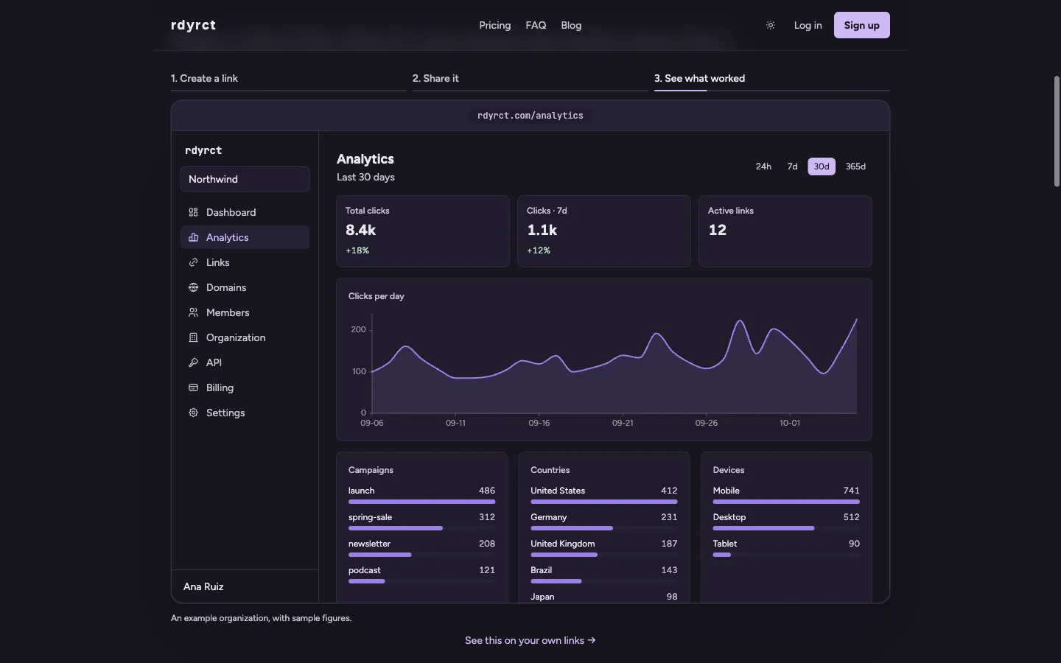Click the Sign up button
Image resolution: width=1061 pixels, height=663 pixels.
[861, 25]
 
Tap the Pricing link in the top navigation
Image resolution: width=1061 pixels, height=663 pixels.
[494, 25]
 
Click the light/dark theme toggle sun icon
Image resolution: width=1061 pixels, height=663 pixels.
[771, 25]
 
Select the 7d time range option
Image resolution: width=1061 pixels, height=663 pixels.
[792, 166]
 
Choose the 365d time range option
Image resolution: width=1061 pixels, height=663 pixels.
[855, 166]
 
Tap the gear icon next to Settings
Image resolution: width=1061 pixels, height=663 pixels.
[193, 413]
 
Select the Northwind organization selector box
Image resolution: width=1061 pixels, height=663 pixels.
[245, 179]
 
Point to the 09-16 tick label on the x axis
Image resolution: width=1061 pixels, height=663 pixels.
[539, 423]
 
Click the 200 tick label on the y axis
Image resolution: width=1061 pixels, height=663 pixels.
[358, 329]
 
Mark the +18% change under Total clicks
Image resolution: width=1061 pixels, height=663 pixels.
[357, 250]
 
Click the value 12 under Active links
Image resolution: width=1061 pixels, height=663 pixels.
[717, 230]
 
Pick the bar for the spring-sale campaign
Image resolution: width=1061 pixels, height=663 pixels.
[396, 528]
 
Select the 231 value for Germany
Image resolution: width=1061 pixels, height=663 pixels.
[669, 517]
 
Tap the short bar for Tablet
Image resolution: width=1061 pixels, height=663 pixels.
[722, 555]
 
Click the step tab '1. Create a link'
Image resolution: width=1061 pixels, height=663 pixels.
[204, 79]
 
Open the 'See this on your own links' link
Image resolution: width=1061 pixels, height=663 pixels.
[530, 640]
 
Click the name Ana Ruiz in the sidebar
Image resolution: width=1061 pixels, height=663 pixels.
[203, 586]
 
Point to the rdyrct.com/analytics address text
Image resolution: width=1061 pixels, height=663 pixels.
[530, 116]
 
